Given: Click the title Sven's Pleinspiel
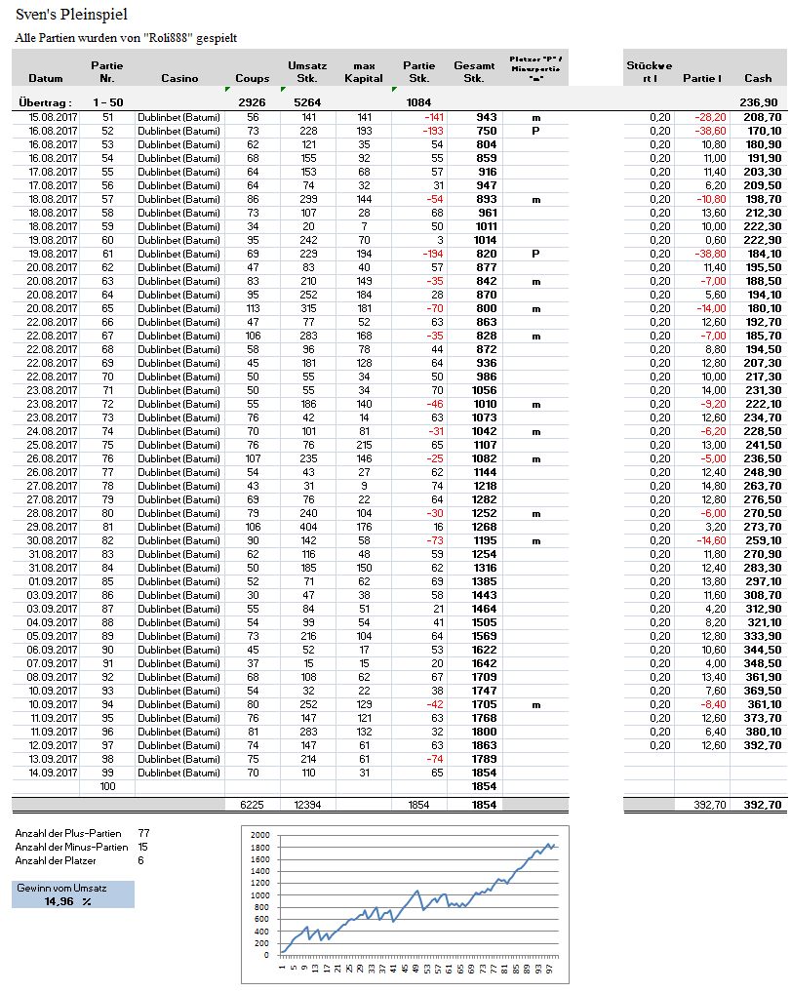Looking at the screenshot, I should (x=71, y=15).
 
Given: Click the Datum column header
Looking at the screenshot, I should (x=46, y=78).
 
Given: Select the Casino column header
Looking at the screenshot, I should (x=179, y=78).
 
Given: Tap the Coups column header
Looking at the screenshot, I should (x=253, y=78).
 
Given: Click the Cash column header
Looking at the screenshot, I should (x=758, y=78).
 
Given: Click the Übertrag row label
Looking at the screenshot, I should (x=46, y=101).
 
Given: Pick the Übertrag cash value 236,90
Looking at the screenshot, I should (x=759, y=101).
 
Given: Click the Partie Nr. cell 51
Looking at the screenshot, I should (x=107, y=117).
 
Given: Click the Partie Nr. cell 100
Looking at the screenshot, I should (x=107, y=786).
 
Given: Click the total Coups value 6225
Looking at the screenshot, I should (x=253, y=805).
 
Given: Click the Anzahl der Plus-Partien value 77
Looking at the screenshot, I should (x=143, y=834).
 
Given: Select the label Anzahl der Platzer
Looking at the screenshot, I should (x=61, y=861).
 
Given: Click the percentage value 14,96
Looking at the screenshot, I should (x=59, y=901).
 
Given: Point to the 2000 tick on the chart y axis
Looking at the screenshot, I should (x=258, y=836).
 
